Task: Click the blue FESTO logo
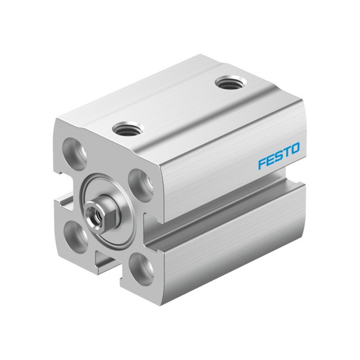point(279,156)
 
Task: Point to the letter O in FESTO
point(295,148)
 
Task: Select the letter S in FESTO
point(278,156)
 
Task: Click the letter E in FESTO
point(270,160)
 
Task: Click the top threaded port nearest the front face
point(127,128)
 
